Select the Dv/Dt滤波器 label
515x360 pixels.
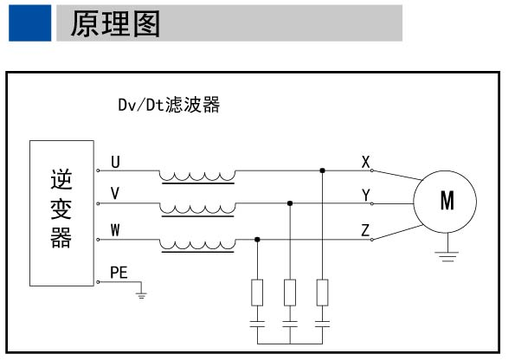click(x=169, y=106)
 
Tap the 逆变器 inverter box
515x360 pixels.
click(x=61, y=212)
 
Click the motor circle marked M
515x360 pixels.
click(x=447, y=202)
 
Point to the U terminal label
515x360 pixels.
click(x=116, y=162)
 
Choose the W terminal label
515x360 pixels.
click(x=115, y=229)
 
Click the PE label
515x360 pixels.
click(x=119, y=272)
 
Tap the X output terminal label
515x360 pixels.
click(x=366, y=162)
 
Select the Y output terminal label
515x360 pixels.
click(x=366, y=196)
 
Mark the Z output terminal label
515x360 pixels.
click(x=366, y=229)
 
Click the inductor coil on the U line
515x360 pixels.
click(x=197, y=176)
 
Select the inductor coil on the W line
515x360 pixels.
click(x=197, y=243)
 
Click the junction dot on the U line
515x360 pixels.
click(x=323, y=170)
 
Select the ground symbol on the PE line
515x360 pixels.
click(x=141, y=296)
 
